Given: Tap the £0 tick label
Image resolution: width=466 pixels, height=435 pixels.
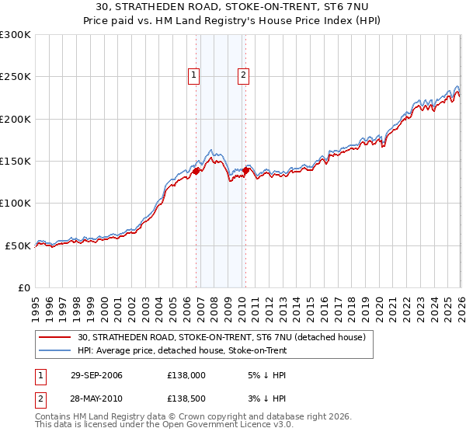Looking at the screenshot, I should pyautogui.click(x=23, y=287).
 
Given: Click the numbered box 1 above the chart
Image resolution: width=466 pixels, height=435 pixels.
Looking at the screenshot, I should pyautogui.click(x=193, y=75).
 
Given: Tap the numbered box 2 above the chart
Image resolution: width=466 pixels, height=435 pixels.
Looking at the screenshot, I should pyautogui.click(x=243, y=75).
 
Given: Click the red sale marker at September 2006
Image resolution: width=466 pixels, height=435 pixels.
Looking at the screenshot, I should pyautogui.click(x=196, y=171).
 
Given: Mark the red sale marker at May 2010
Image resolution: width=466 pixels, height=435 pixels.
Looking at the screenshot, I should pyautogui.click(x=247, y=170).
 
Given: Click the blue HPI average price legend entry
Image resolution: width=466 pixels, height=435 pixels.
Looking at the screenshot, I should pyautogui.click(x=182, y=350).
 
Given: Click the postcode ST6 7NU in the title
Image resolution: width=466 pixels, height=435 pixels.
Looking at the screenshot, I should pyautogui.click(x=304, y=7).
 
